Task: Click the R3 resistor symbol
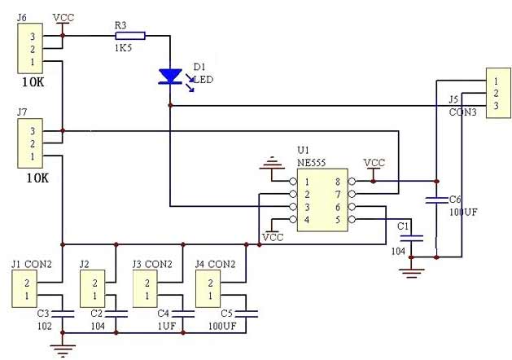coord(131,35)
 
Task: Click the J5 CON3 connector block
coord(494,94)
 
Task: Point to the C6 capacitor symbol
coord(436,199)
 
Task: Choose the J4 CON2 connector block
coord(210,289)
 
